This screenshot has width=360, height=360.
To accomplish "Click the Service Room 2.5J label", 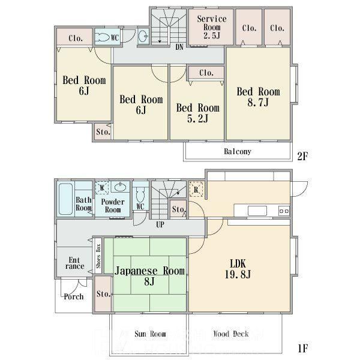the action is [212, 27].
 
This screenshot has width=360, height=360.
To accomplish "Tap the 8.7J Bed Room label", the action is [258, 97].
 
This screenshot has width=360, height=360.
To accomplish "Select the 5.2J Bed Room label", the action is [197, 113].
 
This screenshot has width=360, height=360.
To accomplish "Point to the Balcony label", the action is [238, 152].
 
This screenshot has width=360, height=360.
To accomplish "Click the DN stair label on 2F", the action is [179, 47].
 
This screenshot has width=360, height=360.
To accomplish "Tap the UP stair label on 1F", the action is [160, 224].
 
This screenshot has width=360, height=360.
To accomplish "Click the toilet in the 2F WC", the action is [103, 37].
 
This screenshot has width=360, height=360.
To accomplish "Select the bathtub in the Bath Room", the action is [65, 199].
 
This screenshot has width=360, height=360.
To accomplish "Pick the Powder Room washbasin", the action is [120, 187].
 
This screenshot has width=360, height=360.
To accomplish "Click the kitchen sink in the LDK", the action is [257, 211].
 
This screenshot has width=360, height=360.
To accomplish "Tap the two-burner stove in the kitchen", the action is [284, 211].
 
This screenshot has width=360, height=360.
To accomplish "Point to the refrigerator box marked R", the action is [196, 190].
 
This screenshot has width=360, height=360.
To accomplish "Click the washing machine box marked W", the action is [102, 188].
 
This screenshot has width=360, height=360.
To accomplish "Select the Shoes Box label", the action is [98, 256].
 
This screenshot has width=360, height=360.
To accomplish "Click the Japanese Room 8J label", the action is [149, 276].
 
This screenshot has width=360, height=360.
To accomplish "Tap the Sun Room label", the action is [150, 334].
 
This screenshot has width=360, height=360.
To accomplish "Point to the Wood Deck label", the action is [231, 334].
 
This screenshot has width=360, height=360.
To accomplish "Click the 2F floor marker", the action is [302, 156].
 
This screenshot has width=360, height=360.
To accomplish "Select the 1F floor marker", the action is [303, 348].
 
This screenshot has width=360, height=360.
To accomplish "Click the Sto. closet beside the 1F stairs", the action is [178, 209].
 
